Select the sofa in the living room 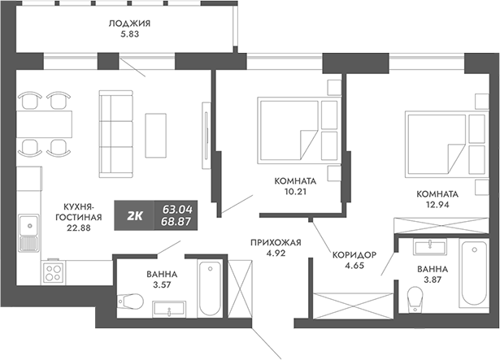[115, 132]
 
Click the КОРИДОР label [354, 255]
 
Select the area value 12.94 [437, 206]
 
